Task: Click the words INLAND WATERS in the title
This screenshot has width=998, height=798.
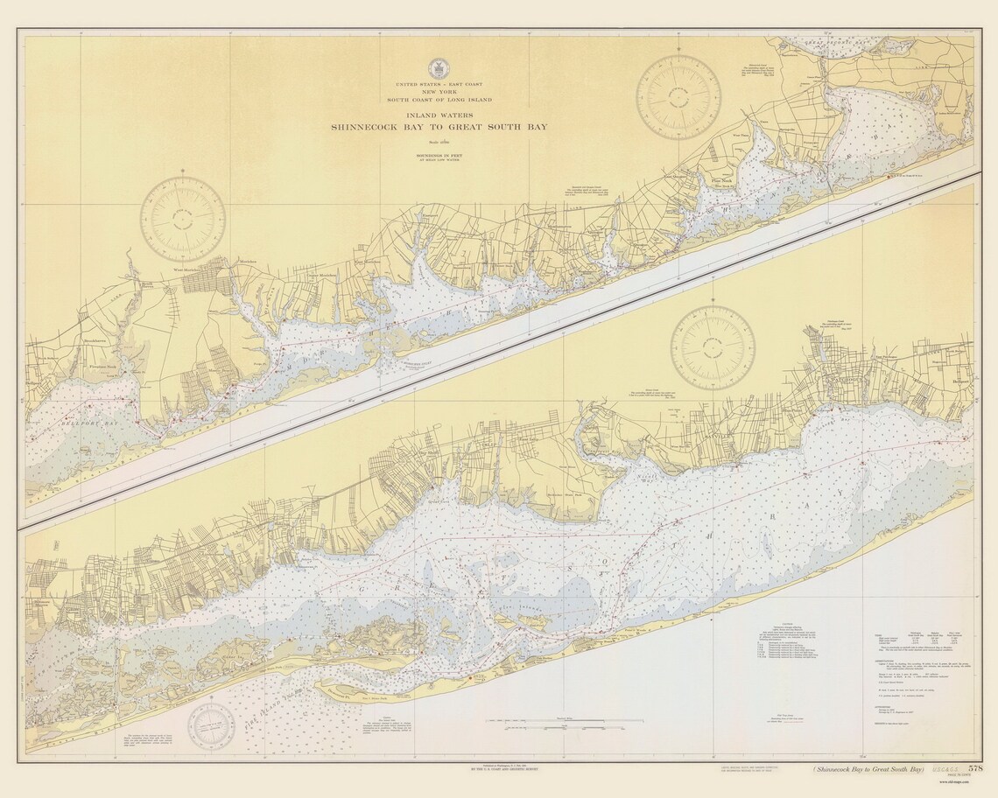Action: click(439, 115)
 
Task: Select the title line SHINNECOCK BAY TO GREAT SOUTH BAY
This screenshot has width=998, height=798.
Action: click(439, 128)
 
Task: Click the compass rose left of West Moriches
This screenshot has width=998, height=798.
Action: click(184, 220)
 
